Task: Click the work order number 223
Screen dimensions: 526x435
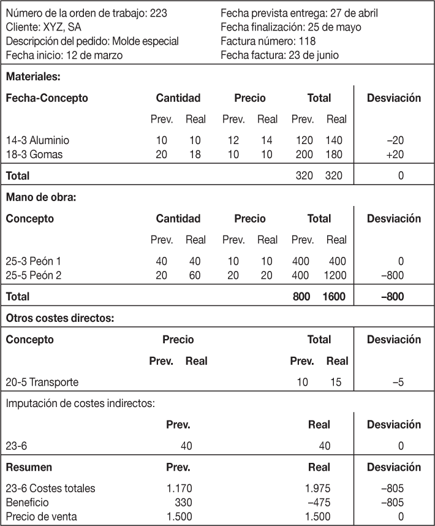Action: tap(157, 12)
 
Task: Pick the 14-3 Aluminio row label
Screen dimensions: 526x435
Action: tap(38, 140)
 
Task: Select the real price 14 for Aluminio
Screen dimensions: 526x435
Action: tap(267, 140)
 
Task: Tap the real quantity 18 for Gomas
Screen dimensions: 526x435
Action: tap(195, 154)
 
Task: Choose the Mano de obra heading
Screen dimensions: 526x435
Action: tap(40, 197)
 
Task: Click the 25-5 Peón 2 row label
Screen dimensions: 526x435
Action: tap(36, 275)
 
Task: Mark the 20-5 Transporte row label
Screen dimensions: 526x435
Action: tap(42, 383)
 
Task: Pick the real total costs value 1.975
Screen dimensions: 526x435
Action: tap(317, 489)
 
